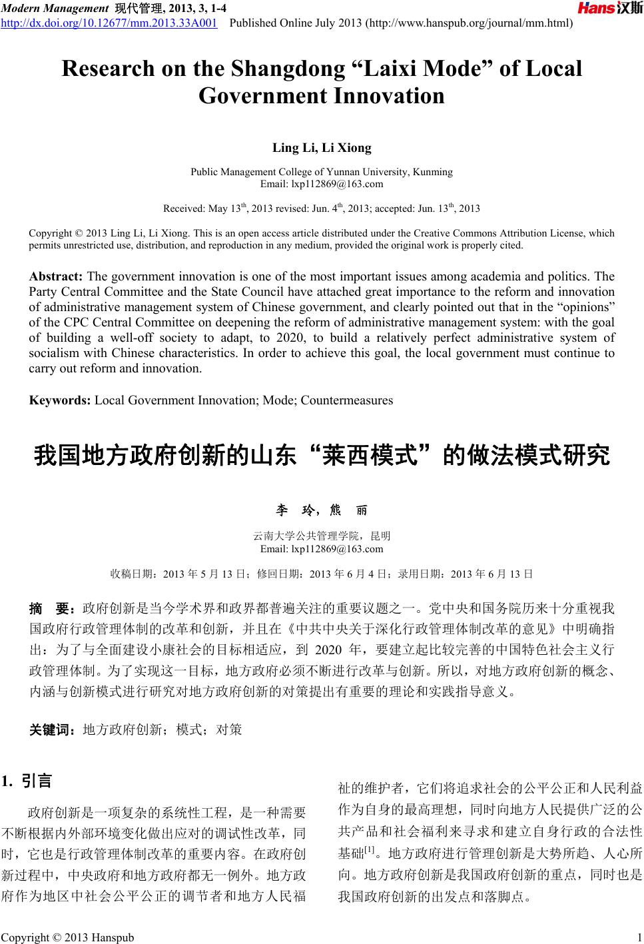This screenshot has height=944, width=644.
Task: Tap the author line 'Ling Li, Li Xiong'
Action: tap(322, 148)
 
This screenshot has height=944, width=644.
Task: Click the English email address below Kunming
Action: tap(322, 184)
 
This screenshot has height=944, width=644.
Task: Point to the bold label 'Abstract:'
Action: tap(57, 276)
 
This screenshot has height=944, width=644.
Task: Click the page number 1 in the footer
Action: tap(638, 937)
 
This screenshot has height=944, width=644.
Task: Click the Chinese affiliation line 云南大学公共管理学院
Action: tap(304, 536)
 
